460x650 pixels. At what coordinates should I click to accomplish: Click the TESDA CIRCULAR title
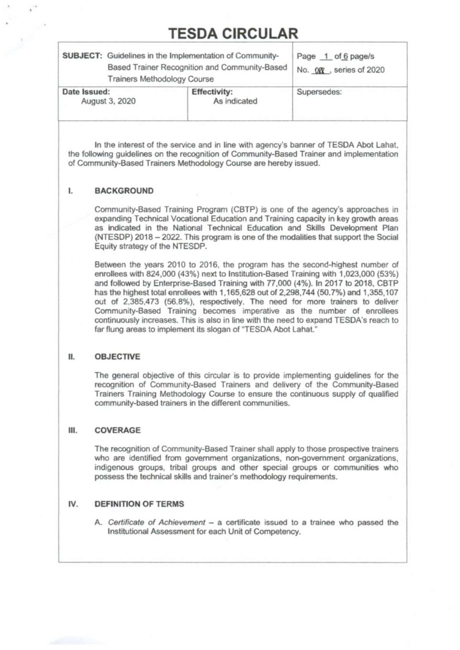coord(233,34)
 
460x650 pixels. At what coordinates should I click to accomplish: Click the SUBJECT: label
coord(82,56)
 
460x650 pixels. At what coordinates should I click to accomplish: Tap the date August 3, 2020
coord(108,101)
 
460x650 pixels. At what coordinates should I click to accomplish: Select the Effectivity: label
coord(212,92)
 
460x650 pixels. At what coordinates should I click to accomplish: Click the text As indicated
coord(235,101)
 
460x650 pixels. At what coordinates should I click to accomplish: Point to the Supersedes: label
coord(319,92)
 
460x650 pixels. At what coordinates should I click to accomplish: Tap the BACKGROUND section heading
coord(124,191)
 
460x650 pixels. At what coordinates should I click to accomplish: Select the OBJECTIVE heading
coord(117,357)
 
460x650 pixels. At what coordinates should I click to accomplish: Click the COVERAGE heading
coord(117,430)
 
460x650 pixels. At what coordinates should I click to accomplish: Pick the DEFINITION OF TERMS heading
coord(139,504)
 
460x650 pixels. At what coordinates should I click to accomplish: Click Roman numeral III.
coord(72,430)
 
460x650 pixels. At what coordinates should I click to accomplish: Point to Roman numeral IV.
coord(73,504)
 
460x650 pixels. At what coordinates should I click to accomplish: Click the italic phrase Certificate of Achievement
coord(156,522)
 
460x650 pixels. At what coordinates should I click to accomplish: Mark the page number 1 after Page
coord(326,56)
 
